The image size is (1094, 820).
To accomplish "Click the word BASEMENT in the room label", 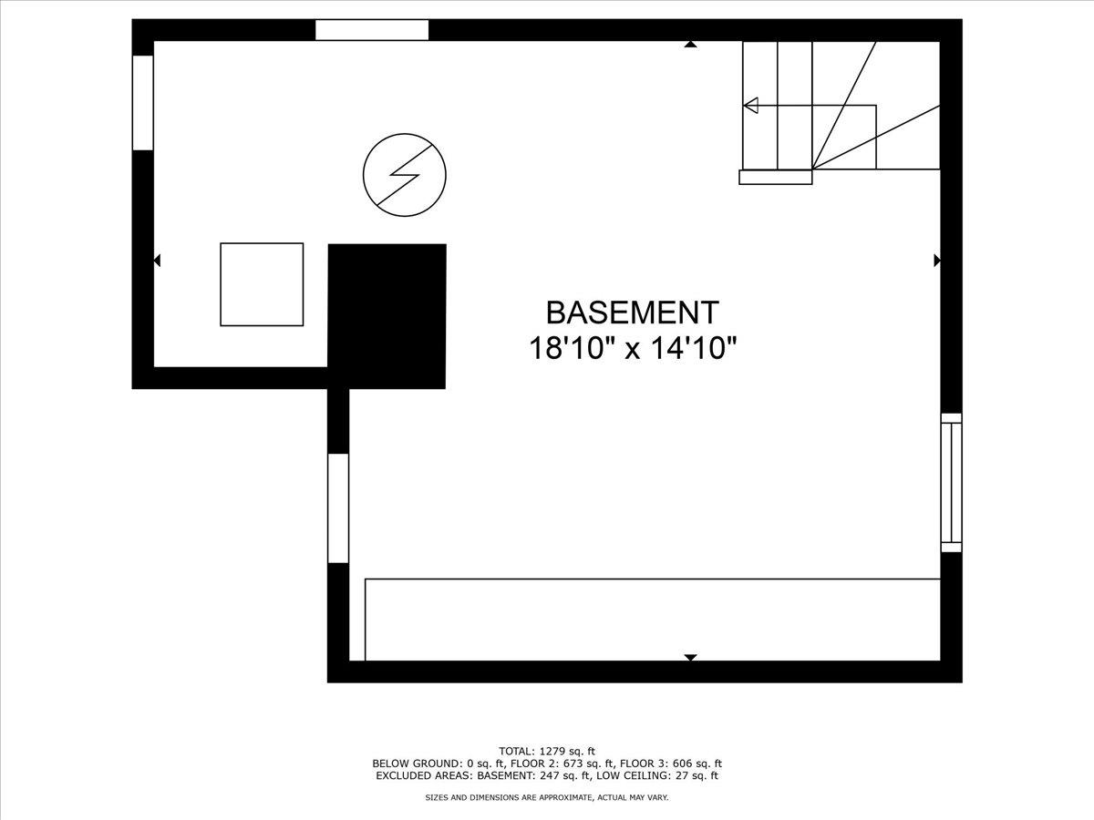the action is (633, 313).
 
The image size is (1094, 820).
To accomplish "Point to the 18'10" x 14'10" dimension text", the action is (633, 348).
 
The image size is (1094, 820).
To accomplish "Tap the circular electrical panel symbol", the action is (405, 175).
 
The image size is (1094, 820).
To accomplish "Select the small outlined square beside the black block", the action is (262, 284).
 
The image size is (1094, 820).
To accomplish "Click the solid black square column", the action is (387, 316).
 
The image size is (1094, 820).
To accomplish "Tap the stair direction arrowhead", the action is (751, 105).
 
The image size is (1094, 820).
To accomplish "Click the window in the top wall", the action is (372, 30).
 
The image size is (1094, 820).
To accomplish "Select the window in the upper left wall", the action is (143, 103).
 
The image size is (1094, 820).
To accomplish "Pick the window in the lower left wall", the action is (338, 508).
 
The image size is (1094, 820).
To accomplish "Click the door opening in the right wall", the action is (951, 483).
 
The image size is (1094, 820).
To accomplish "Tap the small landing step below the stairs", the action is (776, 177).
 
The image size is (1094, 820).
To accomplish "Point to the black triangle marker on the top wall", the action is (690, 45).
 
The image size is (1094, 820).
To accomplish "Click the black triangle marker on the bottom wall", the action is (690, 657).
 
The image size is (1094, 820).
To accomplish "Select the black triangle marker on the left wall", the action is (157, 260).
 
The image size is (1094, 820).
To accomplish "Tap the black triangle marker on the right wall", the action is (937, 260).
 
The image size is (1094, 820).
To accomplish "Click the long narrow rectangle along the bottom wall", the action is (653, 620).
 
